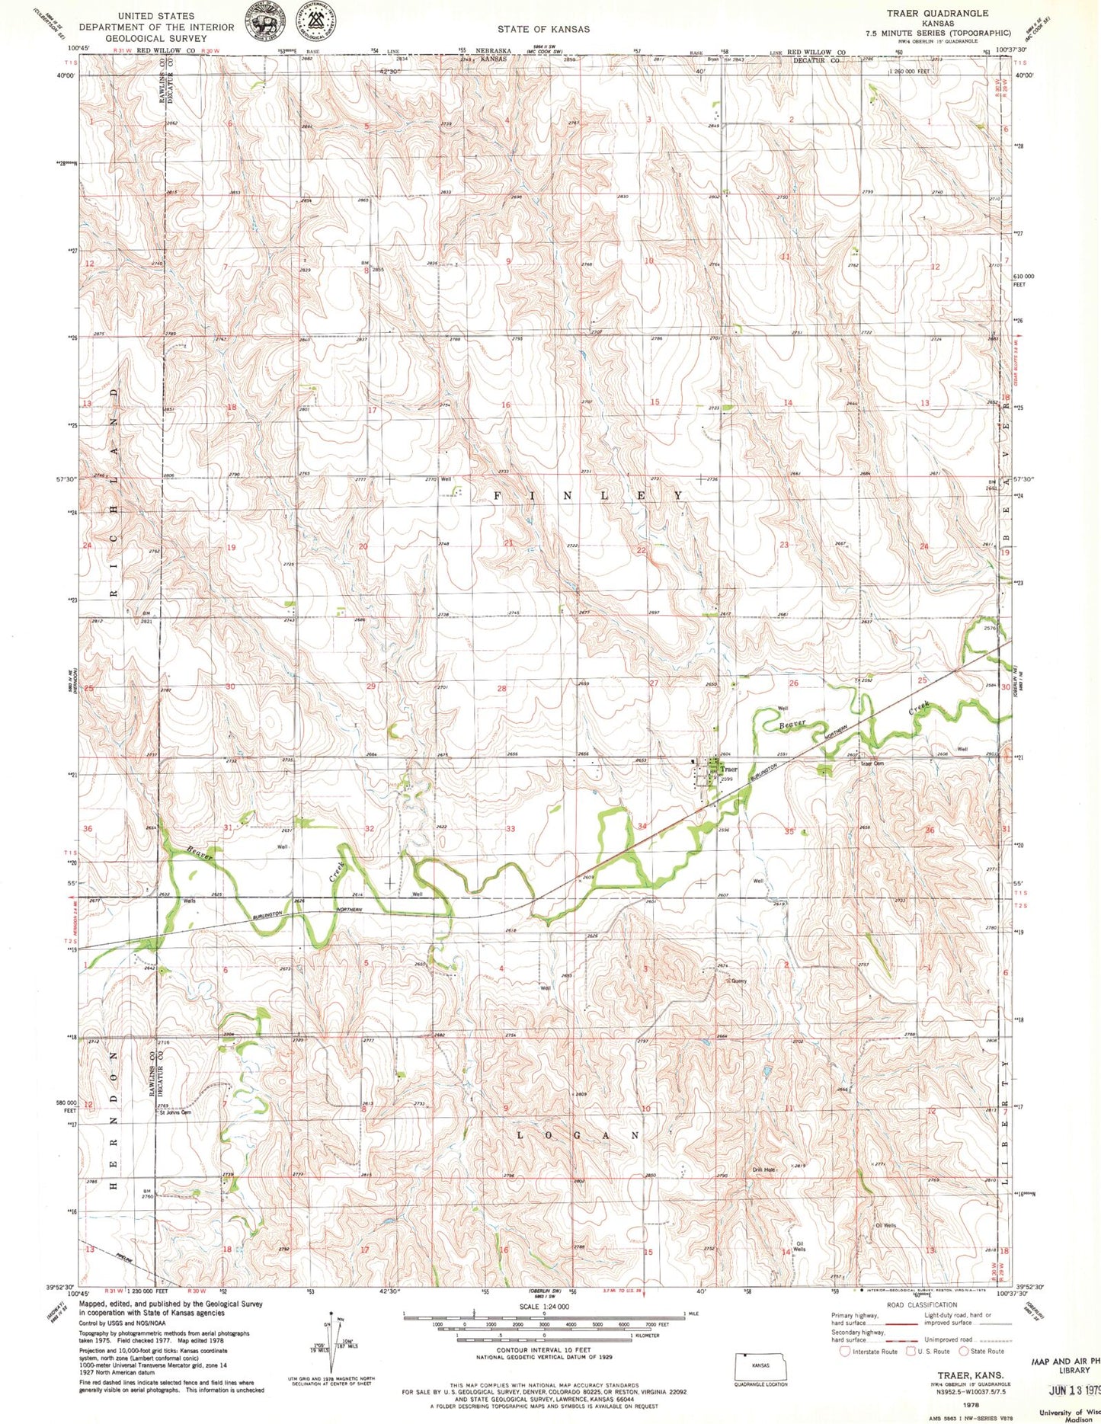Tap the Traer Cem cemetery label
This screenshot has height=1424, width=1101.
coord(874,763)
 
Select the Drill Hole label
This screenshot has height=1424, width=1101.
coord(764,1170)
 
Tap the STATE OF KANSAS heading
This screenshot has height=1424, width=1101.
coord(543,29)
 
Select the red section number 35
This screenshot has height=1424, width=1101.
coord(789,831)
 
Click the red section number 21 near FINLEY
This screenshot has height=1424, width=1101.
coord(508,542)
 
